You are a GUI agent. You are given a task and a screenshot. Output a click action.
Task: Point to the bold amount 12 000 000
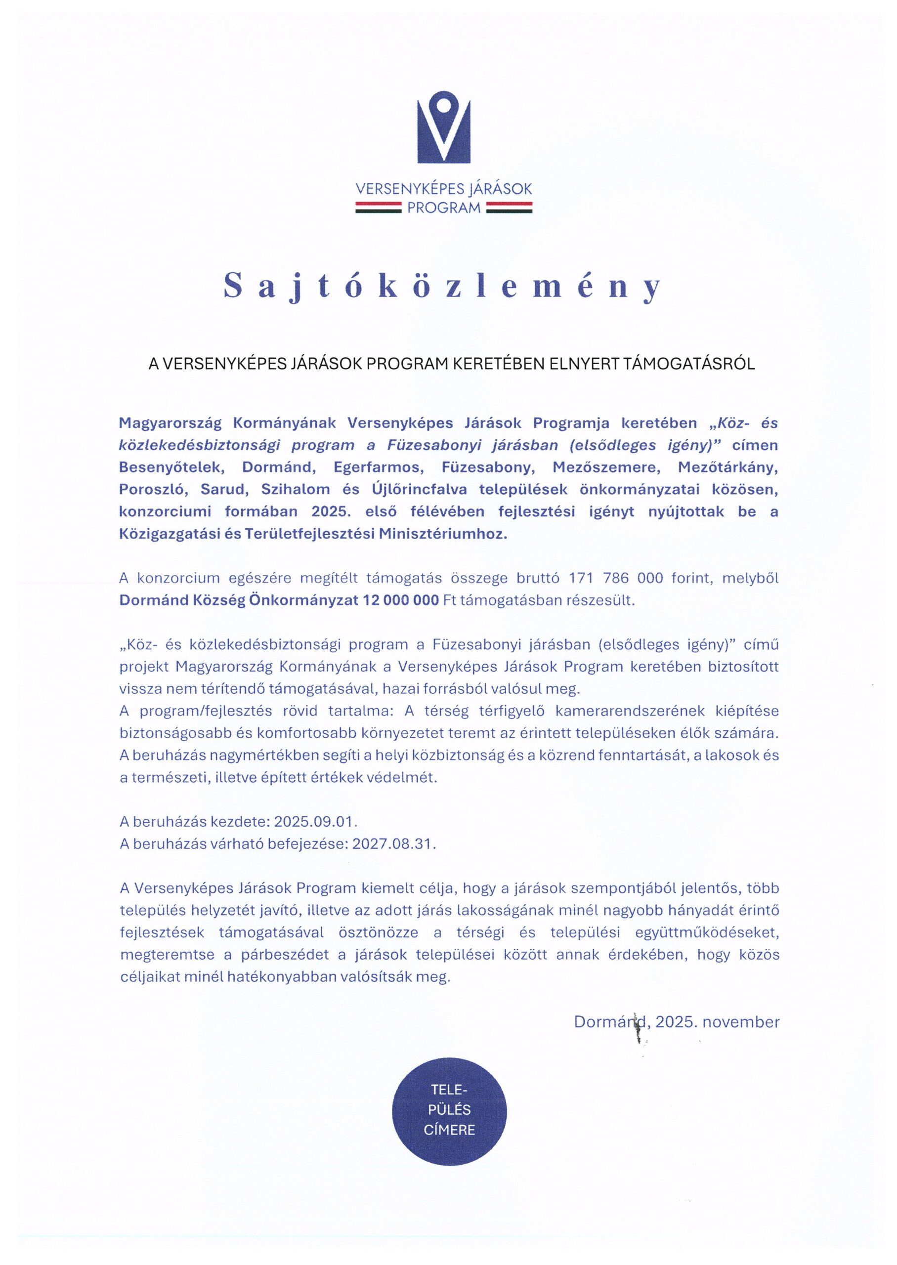(x=400, y=600)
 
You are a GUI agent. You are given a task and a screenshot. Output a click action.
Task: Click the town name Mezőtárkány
(x=727, y=467)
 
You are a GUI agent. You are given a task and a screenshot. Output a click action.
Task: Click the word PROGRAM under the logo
(x=443, y=209)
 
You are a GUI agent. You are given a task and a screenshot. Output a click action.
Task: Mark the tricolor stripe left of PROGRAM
(x=378, y=208)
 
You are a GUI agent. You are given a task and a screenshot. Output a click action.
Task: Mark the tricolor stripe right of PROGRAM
(x=509, y=208)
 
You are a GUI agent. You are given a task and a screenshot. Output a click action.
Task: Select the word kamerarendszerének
(x=626, y=711)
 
